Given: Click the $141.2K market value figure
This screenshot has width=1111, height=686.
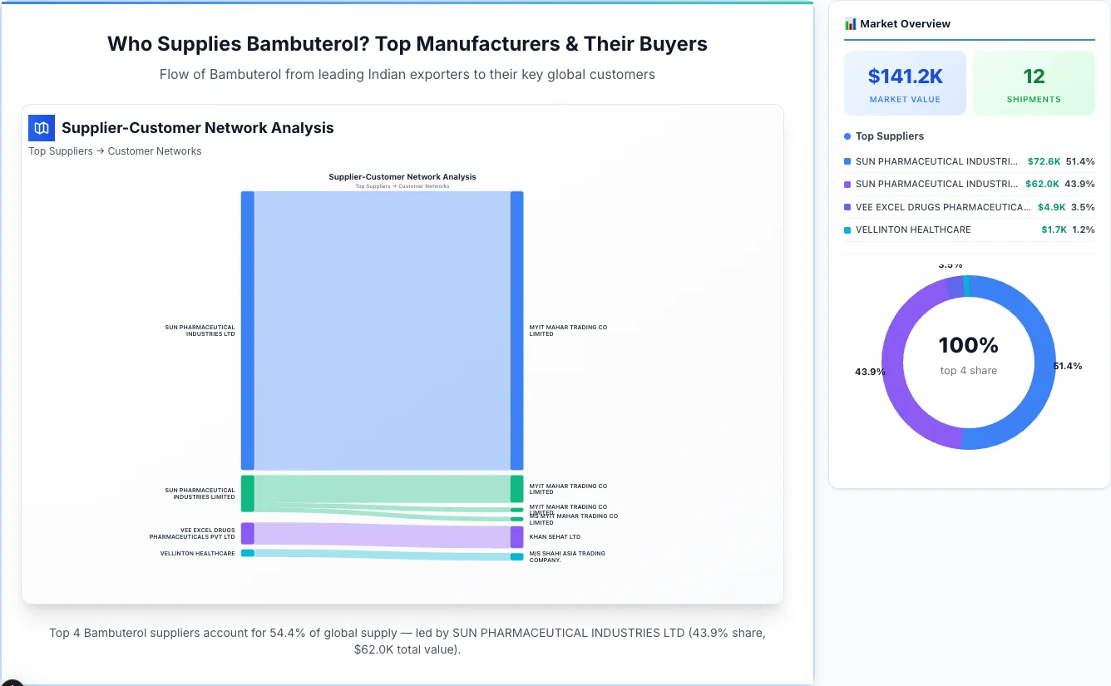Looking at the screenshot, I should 905,76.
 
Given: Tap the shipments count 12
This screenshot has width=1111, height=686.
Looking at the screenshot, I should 1034,76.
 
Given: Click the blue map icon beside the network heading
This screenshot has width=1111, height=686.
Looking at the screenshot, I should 42,128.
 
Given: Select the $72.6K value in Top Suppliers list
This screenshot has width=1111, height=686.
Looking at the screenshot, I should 1044,161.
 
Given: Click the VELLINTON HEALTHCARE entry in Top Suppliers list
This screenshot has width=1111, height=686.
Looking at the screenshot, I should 913,229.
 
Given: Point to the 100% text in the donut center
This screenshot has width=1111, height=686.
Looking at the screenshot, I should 968,345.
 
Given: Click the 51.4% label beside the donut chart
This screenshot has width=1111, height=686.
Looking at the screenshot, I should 1067,366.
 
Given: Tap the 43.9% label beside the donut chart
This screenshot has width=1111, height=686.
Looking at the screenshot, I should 870,372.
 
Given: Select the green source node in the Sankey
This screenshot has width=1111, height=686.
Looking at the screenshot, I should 248,493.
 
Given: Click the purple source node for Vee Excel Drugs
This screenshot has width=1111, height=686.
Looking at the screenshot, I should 248,533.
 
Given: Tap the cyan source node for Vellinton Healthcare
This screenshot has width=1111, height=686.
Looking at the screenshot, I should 248,553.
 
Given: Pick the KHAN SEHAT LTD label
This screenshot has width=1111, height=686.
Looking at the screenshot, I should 555,537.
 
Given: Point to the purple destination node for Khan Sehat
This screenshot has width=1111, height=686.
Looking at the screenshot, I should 516,537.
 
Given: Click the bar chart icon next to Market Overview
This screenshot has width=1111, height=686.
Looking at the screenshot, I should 850,24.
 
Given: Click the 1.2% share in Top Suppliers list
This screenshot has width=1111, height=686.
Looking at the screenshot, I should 1083,229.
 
